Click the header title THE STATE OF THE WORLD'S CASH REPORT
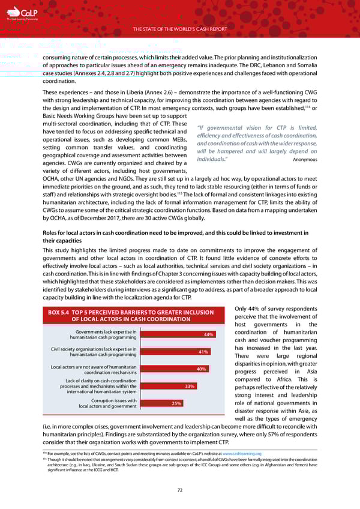click(x=180, y=28)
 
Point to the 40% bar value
click(x=202, y=369)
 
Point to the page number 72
click(x=180, y=491)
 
